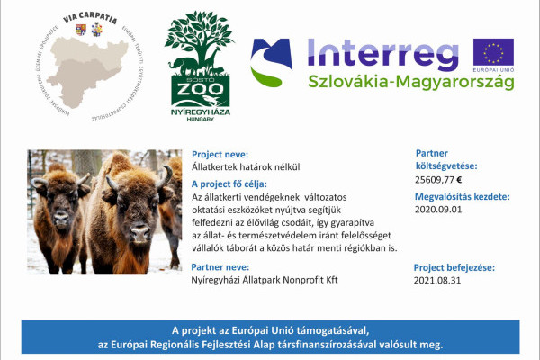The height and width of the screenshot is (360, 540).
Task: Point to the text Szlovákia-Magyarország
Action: click(410, 82)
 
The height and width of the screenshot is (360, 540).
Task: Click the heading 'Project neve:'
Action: click(220, 154)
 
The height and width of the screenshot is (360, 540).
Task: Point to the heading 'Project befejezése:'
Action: click(454, 268)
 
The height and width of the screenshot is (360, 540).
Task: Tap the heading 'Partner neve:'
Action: click(220, 266)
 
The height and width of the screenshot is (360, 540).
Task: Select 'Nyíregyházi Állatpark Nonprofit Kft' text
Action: click(265, 281)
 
